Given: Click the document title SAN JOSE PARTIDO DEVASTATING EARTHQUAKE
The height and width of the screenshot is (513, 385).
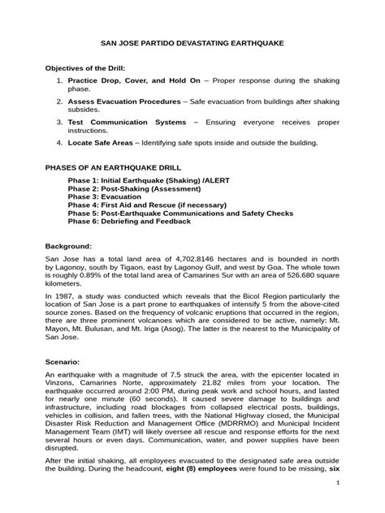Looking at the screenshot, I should pos(192,48).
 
